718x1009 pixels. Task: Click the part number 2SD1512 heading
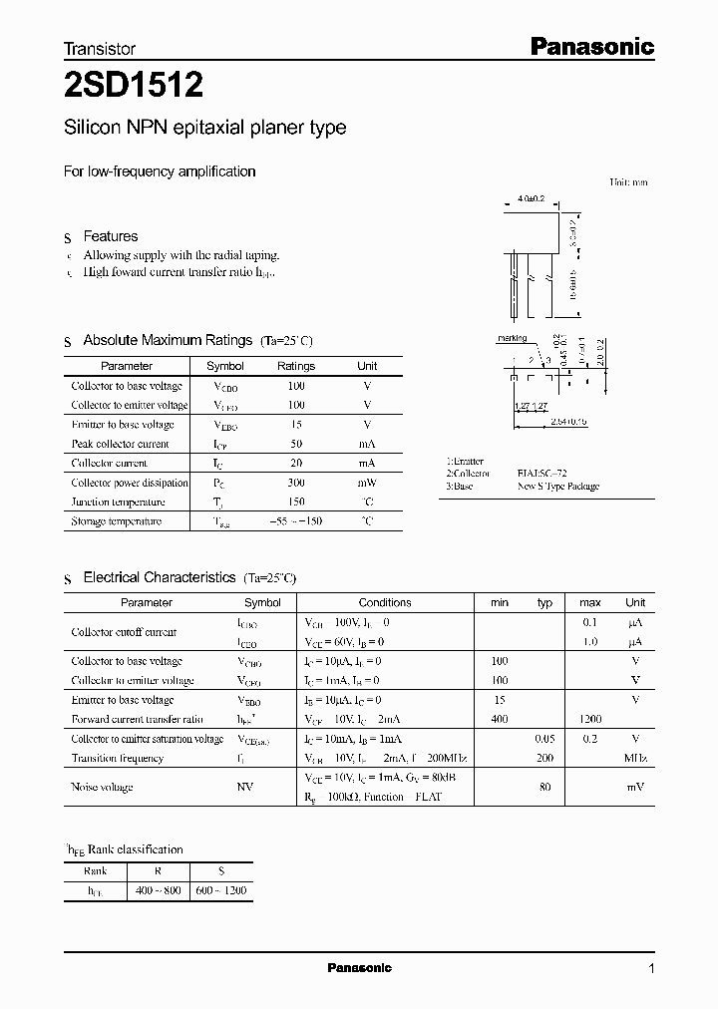tap(134, 87)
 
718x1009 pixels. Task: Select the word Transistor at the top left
tap(100, 48)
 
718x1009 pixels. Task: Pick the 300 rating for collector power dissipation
tap(296, 483)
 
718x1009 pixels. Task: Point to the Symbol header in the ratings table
tap(224, 366)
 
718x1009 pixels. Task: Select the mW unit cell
tap(367, 483)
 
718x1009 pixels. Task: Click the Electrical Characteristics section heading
tap(160, 577)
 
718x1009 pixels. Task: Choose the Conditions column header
tap(385, 602)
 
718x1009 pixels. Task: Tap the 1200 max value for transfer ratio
tap(589, 719)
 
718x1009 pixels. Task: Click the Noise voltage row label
tap(102, 788)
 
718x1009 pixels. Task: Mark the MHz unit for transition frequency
tap(634, 759)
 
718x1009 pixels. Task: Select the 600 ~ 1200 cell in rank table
tap(220, 890)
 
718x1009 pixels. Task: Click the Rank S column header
tap(220, 870)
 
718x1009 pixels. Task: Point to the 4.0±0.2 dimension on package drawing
tap(532, 199)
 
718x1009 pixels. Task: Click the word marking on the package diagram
tap(512, 338)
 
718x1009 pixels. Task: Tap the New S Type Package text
tap(557, 487)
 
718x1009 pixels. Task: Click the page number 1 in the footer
tap(652, 968)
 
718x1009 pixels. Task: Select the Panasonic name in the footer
tap(360, 968)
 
